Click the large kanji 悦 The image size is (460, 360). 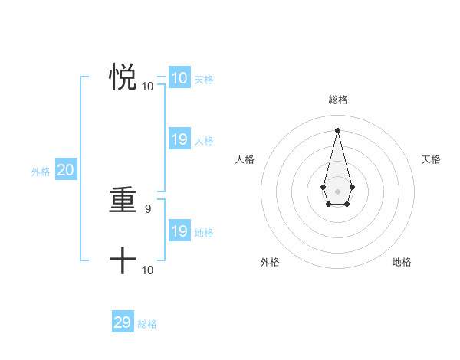[123, 78]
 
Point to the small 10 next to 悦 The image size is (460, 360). [148, 87]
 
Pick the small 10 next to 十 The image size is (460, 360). [148, 270]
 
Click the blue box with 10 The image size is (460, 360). [179, 78]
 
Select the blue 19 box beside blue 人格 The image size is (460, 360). [179, 139]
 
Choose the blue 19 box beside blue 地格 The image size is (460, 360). [179, 231]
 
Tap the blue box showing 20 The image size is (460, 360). [65, 171]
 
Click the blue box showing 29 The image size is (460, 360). [123, 322]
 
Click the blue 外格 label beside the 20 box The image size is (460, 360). [41, 172]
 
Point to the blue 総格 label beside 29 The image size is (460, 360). [147, 324]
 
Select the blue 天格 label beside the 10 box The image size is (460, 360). [204, 79]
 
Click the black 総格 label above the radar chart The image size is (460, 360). [338, 100]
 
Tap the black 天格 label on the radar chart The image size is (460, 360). [432, 159]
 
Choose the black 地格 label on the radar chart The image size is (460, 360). [402, 263]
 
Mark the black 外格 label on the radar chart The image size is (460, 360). [270, 263]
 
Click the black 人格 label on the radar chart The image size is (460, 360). [245, 159]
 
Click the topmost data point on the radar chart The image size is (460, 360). [337, 129]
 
